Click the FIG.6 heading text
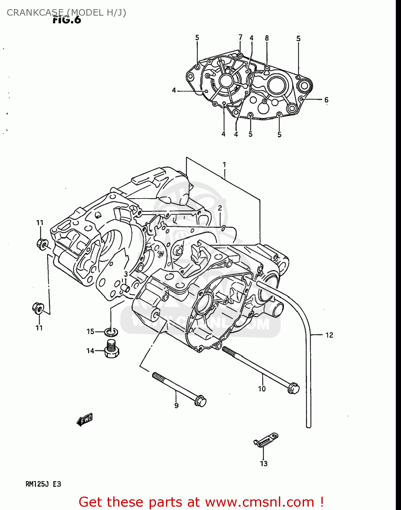(67, 20)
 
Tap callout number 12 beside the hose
(329, 335)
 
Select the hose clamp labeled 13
(266, 440)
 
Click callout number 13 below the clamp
(264, 463)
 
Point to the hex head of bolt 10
(293, 388)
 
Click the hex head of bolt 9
(200, 401)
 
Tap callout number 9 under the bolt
(176, 405)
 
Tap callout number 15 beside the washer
(90, 331)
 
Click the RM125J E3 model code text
(43, 484)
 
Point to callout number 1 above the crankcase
(224, 165)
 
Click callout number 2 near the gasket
(220, 208)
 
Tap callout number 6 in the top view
(326, 100)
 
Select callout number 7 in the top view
(240, 37)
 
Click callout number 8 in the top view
(267, 38)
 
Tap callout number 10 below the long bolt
(262, 389)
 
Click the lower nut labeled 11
(38, 308)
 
